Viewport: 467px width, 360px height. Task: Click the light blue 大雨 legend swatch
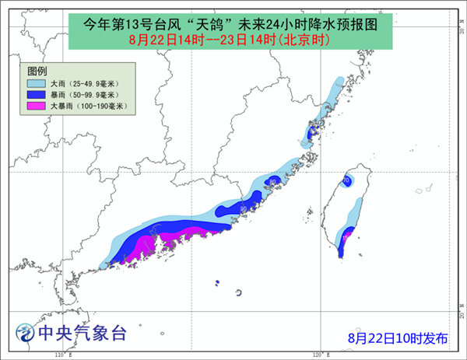36,83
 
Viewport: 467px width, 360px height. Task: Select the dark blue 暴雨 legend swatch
36,94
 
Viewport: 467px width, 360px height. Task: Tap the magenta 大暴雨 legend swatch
36,105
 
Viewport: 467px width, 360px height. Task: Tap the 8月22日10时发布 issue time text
398,337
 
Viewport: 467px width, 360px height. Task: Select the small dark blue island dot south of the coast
218,282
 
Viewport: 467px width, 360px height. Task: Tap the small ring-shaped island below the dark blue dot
237,292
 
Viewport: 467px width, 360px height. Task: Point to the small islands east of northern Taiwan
424,189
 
